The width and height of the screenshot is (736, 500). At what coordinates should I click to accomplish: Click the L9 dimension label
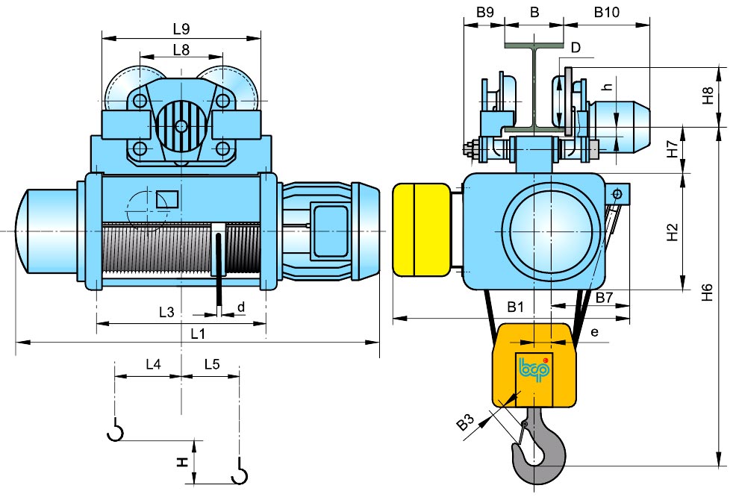click(x=181, y=29)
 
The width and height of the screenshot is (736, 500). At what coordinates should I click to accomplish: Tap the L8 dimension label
click(x=181, y=50)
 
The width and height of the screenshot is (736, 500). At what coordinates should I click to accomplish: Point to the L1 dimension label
click(x=197, y=334)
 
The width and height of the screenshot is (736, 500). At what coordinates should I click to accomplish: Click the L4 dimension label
click(x=152, y=364)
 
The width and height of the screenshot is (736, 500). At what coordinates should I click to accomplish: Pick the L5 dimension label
click(x=211, y=364)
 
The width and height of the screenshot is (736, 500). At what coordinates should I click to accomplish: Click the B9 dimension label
click(x=484, y=13)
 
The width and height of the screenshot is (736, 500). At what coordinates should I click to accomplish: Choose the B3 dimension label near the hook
click(x=465, y=423)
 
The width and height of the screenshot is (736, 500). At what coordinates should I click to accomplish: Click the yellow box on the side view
click(x=420, y=230)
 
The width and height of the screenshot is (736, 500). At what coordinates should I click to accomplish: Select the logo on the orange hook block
click(x=534, y=369)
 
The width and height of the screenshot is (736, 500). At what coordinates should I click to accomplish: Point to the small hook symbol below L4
click(x=115, y=431)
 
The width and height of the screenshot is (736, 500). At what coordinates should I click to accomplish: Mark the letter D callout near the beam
click(x=575, y=49)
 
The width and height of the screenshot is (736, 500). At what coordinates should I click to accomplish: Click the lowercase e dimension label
click(x=594, y=331)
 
